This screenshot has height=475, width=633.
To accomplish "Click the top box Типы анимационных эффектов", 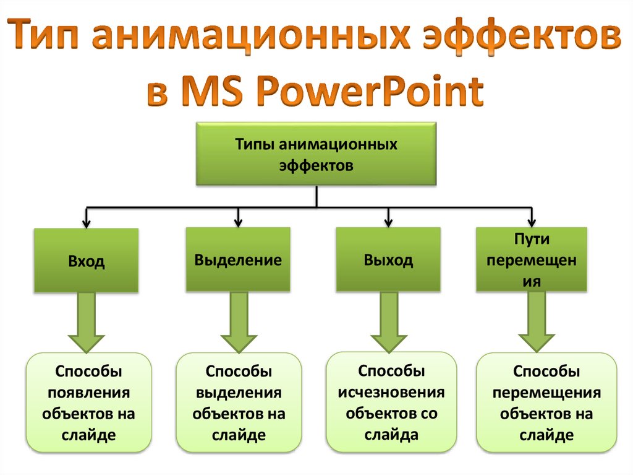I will pos(316,154).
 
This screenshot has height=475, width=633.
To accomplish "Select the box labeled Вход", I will pos(86,261).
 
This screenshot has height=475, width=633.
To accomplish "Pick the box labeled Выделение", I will pos(238,259).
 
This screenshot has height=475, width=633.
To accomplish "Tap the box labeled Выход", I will pos(388,259).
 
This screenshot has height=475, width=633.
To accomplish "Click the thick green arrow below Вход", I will pos(86,322).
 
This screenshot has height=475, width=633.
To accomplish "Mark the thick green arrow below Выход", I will pos(389,322).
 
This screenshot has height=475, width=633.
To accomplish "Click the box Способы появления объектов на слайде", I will pos(88,402).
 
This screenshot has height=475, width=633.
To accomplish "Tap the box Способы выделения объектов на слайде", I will pos(239,402).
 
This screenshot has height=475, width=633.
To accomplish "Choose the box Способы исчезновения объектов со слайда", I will pos(391,401).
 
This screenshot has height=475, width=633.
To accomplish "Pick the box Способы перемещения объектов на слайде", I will pos(546,402).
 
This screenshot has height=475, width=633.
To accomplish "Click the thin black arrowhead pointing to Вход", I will pos(86,222).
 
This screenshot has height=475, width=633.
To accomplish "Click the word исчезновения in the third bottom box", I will pos(391,392).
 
